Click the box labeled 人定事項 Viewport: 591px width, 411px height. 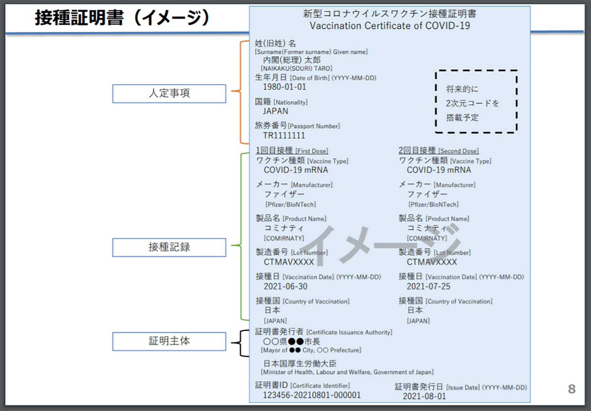(169, 94)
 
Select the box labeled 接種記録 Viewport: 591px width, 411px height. (169, 247)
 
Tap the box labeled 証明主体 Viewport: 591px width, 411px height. (169, 341)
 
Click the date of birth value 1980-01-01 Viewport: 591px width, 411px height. (284, 87)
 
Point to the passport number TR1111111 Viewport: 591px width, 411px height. (284, 135)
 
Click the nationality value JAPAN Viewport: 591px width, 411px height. (275, 111)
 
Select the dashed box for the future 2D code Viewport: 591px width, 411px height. (476, 101)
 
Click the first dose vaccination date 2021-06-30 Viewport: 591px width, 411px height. (285, 287)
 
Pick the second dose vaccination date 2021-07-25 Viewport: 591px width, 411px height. (428, 287)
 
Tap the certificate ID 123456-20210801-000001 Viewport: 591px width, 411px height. (312, 395)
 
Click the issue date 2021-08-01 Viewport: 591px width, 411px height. (424, 396)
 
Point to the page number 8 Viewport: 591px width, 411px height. (572, 389)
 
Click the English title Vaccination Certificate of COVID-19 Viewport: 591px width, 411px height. (390, 26)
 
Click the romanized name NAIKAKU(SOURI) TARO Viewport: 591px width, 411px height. (296, 69)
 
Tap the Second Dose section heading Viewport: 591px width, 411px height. (438, 151)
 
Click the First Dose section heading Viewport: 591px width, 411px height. (292, 151)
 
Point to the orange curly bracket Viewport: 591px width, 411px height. (241, 92)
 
